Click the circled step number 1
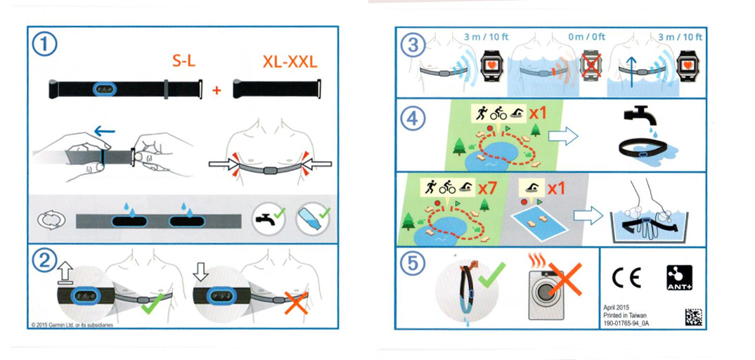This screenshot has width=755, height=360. pyautogui.click(x=44, y=46)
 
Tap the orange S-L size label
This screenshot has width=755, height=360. pyautogui.click(x=184, y=62)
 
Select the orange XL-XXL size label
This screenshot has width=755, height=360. pyautogui.click(x=290, y=62)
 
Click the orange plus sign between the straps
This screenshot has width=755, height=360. pyautogui.click(x=217, y=90)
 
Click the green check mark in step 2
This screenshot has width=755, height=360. pyautogui.click(x=154, y=302)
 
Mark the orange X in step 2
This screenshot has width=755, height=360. pyautogui.click(x=296, y=303)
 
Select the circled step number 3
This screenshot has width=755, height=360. pyautogui.click(x=413, y=46)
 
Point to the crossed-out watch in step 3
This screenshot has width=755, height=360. pyautogui.click(x=592, y=65)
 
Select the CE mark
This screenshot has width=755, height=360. pyautogui.click(x=626, y=278)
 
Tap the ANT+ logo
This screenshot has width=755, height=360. pyautogui.click(x=679, y=278)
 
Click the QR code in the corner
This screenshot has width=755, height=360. pyautogui.click(x=693, y=317)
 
